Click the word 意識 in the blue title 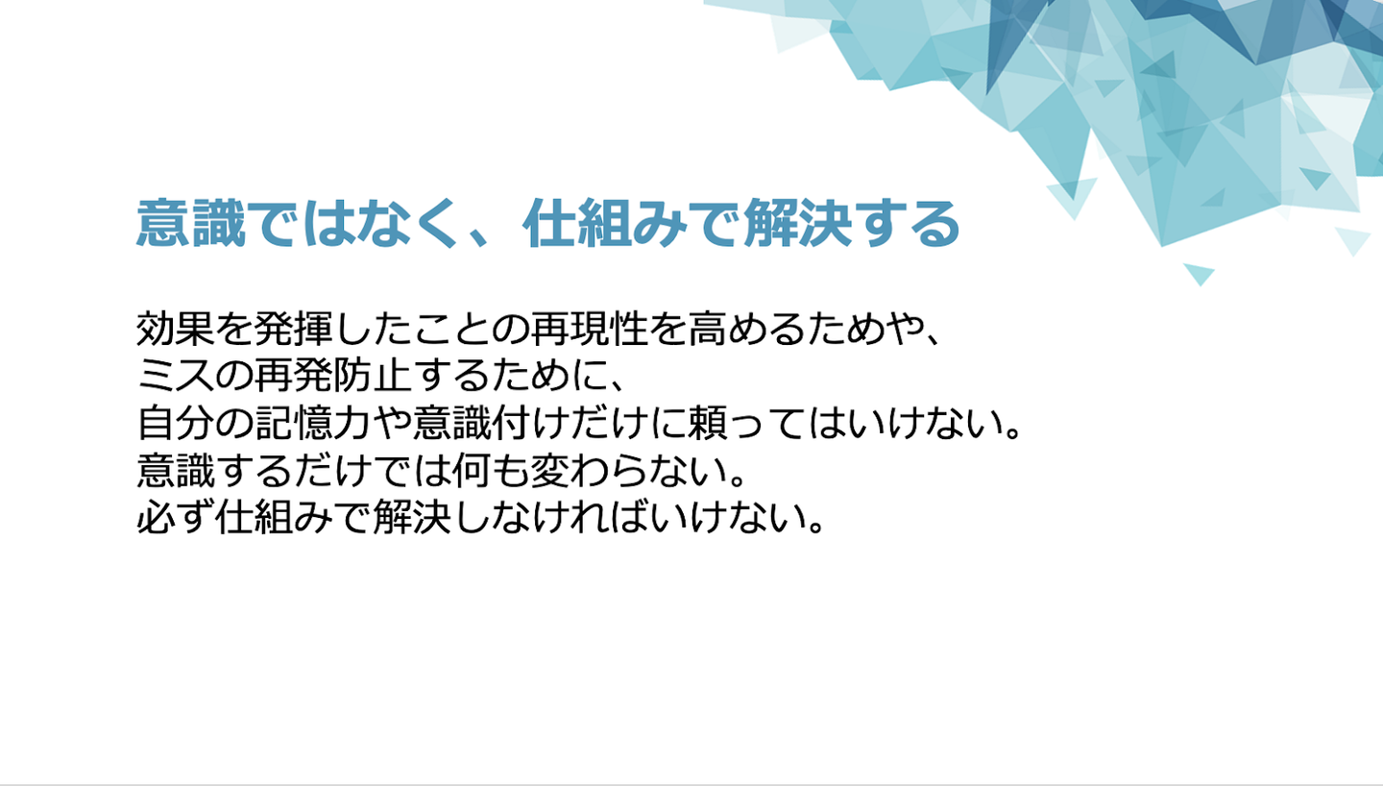tap(191, 223)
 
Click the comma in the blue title tap(481, 238)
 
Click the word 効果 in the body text tap(175, 329)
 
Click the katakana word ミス tap(175, 376)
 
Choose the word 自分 tap(175, 423)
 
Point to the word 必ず tap(175, 517)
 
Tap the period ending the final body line tap(815, 528)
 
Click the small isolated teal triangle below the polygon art tap(1199, 273)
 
